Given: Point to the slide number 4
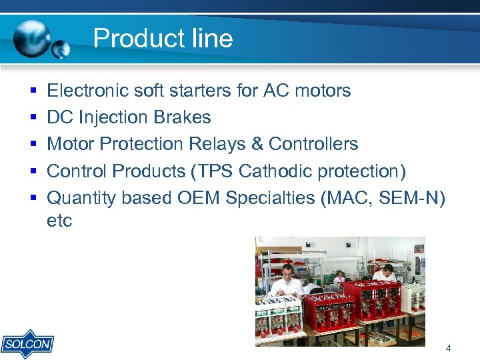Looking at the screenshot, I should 448,348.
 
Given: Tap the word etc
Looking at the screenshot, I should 59,221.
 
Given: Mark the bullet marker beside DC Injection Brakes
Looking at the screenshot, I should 33,118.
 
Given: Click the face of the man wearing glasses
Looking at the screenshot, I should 287,272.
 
